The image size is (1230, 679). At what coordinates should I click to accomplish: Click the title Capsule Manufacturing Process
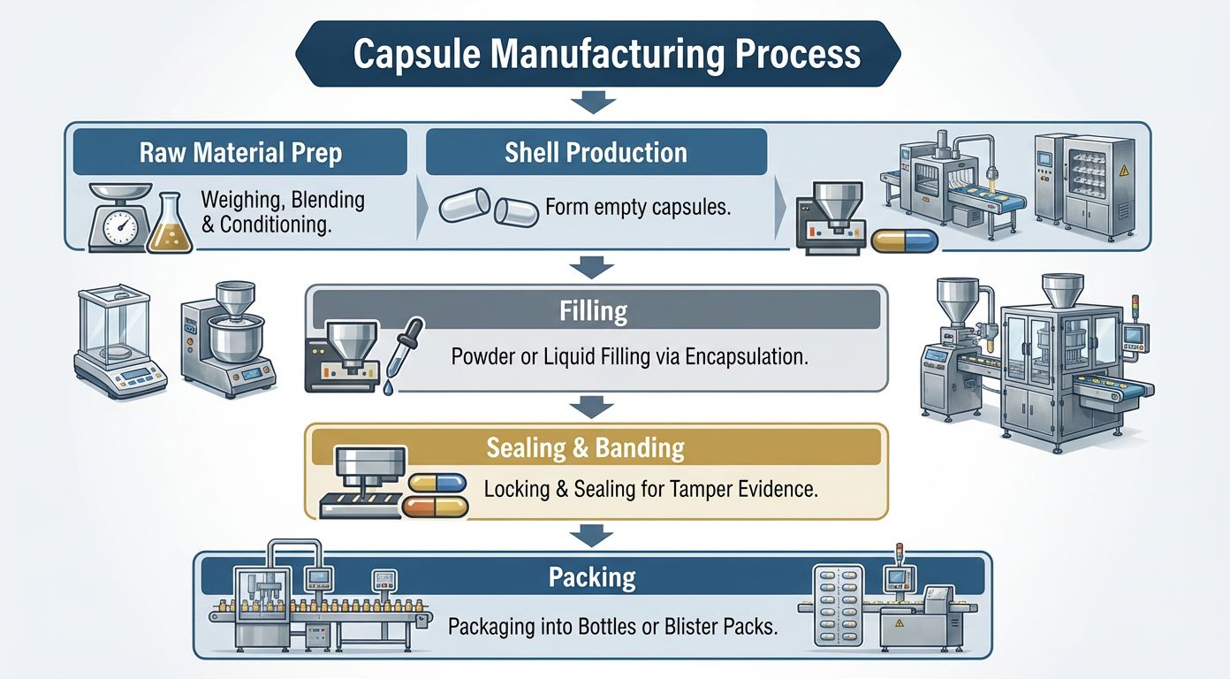[606, 54]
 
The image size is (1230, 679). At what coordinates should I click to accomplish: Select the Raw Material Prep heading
[240, 152]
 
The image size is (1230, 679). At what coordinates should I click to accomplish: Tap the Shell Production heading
[596, 152]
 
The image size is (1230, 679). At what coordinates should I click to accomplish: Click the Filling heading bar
[593, 311]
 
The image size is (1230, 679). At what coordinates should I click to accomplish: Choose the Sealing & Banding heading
[585, 447]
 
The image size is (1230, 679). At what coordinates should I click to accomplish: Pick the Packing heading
[592, 577]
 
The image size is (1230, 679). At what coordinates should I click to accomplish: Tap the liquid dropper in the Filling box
[403, 355]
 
